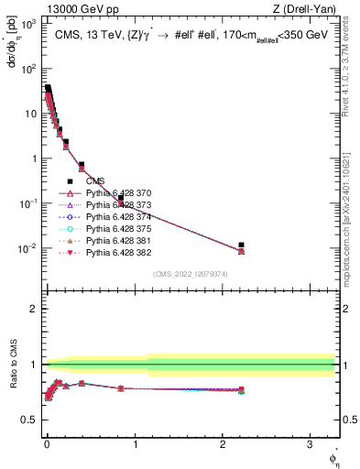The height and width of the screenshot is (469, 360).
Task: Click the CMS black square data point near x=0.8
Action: click(x=120, y=198)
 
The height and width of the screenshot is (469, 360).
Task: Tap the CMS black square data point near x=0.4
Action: click(x=82, y=165)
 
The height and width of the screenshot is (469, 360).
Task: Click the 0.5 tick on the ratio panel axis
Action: click(x=30, y=420)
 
